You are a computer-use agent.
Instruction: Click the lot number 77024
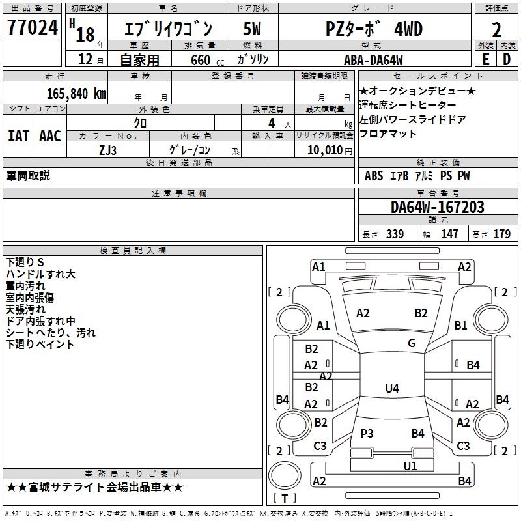[x=33, y=27]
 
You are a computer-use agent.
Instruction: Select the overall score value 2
[x=496, y=30]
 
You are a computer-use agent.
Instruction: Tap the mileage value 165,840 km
[x=76, y=94]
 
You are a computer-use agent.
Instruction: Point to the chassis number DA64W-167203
[x=438, y=207]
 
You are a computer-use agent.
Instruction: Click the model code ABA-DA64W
[x=373, y=60]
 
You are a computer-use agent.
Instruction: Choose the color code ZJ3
[x=107, y=150]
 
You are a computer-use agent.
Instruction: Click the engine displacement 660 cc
[x=207, y=60]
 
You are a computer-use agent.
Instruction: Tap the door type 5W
[x=252, y=29]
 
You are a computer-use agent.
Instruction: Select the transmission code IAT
[x=19, y=136]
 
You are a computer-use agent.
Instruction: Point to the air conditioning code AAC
[x=50, y=136]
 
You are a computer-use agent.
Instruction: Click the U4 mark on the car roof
[x=392, y=388]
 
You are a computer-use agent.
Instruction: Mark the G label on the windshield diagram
[x=412, y=343]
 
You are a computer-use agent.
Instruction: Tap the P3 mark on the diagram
[x=367, y=433]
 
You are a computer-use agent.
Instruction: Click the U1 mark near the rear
[x=410, y=466]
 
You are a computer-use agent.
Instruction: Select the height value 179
[x=501, y=234]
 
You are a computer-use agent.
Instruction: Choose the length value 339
[x=395, y=234]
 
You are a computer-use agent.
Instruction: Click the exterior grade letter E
[x=486, y=59]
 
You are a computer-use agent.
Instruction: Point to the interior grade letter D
[x=507, y=59]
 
